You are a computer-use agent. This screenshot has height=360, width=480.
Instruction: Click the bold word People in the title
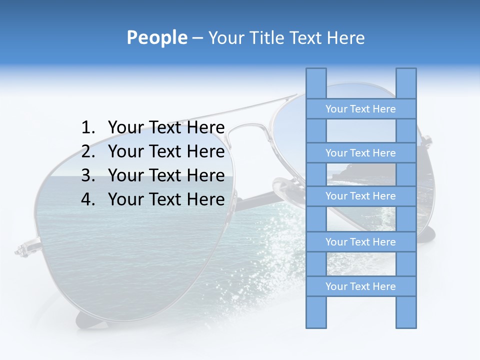coord(156,37)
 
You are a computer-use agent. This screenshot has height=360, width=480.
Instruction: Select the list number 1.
coord(87,128)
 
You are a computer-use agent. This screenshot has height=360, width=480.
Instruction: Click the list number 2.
coord(87,151)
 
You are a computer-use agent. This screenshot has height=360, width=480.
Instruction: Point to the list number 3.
coord(87,175)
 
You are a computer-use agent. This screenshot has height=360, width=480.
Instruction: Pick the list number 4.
coord(87,199)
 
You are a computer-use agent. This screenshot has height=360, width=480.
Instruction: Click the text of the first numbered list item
coord(166,128)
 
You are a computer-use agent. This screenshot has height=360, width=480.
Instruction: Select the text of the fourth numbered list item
coord(166,199)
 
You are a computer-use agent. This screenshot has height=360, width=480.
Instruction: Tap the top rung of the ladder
coord(360,109)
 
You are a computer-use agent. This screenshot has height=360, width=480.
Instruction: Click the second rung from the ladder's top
coord(360,153)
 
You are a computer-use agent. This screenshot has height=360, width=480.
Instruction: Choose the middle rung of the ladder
coord(360,196)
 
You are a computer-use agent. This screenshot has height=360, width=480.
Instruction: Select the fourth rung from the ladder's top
coord(360,242)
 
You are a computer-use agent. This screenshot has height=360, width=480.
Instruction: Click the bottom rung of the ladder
coord(360,286)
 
